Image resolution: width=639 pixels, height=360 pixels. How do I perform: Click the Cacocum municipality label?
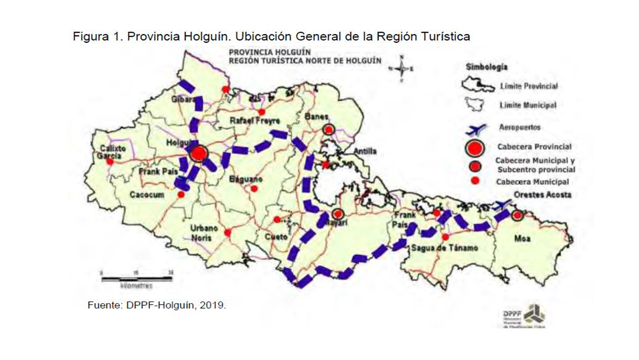coord(147,195)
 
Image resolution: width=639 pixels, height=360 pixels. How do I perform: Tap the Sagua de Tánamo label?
coord(444,248)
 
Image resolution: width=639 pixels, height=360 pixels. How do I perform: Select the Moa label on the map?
coord(522,239)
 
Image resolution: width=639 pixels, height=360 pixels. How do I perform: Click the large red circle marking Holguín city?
coord(198,154)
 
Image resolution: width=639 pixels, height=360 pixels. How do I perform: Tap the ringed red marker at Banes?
coord(329,130)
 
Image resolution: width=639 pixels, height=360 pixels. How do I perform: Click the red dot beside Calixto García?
coord(110,162)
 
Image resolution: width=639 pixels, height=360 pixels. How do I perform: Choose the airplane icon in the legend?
coord(475,129)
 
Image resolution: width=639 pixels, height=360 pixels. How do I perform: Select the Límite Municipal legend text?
coord(527,105)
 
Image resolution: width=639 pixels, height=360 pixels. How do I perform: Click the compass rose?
coord(401,69)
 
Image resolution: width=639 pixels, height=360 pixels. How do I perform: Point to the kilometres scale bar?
coord(137,277)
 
